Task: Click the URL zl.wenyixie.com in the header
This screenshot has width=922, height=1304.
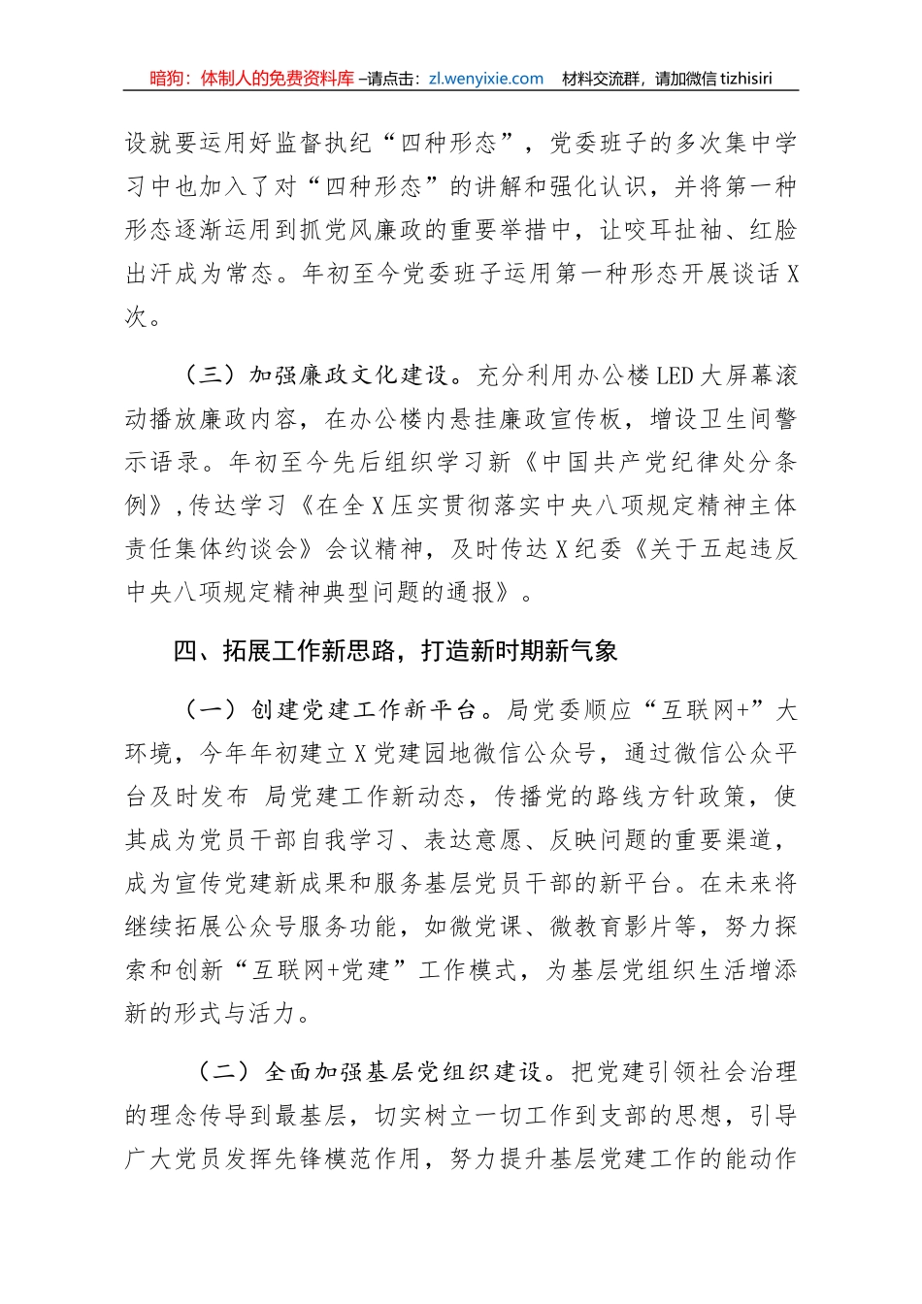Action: point(483,79)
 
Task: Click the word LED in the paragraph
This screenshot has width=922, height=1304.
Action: point(675,375)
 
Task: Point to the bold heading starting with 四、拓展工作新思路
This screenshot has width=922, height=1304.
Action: point(395,651)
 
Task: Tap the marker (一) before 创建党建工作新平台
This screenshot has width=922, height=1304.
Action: point(211,710)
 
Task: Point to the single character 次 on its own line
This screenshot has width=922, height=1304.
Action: point(137,316)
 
